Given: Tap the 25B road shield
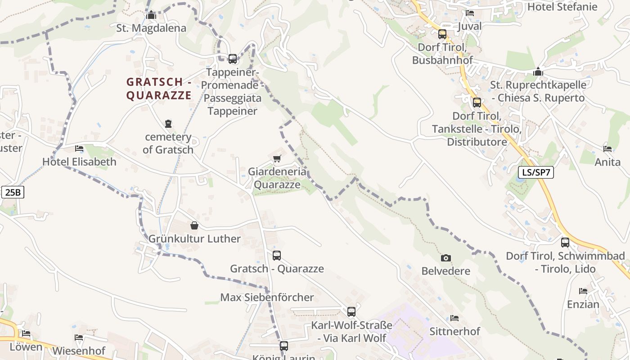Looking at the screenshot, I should [13, 193].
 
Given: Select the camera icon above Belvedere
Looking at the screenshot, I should [445, 258].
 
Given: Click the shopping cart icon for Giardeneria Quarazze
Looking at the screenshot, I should [277, 158].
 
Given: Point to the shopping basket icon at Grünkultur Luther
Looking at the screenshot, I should [194, 225].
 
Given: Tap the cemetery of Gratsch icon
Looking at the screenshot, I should [168, 123].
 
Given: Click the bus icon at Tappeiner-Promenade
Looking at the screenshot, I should [232, 58].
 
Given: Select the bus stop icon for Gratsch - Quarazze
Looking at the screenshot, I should [276, 255].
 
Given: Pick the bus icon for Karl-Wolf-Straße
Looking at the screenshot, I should [351, 311].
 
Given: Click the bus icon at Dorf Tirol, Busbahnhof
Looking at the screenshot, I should [442, 34].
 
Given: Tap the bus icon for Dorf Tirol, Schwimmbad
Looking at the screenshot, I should [565, 243].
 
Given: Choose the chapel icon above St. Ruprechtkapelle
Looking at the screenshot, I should [538, 72].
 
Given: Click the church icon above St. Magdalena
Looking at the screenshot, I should [151, 15].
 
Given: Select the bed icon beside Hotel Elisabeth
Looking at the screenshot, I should [79, 148].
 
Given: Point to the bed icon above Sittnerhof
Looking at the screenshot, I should [454, 318].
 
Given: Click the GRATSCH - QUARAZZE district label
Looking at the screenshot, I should [159, 89].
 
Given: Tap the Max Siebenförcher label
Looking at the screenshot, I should [267, 297].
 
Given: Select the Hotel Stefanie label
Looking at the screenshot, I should [562, 7].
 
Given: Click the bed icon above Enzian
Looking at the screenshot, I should [583, 291].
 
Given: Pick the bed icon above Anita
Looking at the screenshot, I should [607, 148].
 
